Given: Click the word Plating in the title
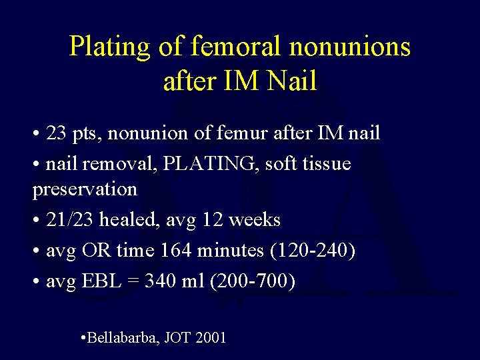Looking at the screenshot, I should coord(111,47).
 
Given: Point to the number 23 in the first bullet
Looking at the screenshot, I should coord(57,133).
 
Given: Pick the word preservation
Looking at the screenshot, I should coord(85,189).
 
